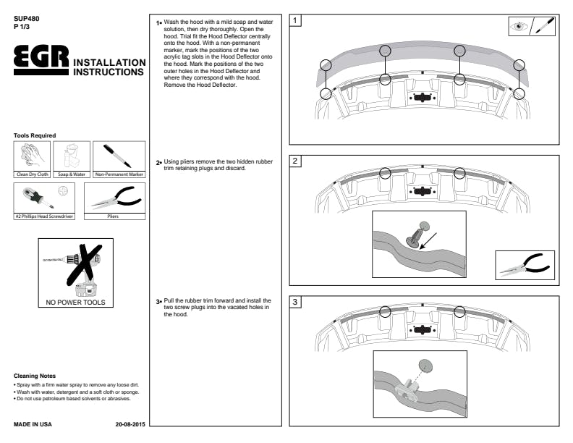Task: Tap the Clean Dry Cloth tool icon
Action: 32,156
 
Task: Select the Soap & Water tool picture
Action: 71,156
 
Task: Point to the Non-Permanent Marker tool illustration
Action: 118,156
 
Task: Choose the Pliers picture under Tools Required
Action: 114,198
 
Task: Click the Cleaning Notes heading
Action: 35,376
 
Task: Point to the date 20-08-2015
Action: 130,423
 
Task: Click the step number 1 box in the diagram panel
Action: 296,21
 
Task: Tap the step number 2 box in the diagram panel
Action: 296,161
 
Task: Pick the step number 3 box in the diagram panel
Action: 296,302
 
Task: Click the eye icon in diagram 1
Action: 520,27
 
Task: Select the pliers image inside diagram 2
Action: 525,265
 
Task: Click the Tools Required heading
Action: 35,135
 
